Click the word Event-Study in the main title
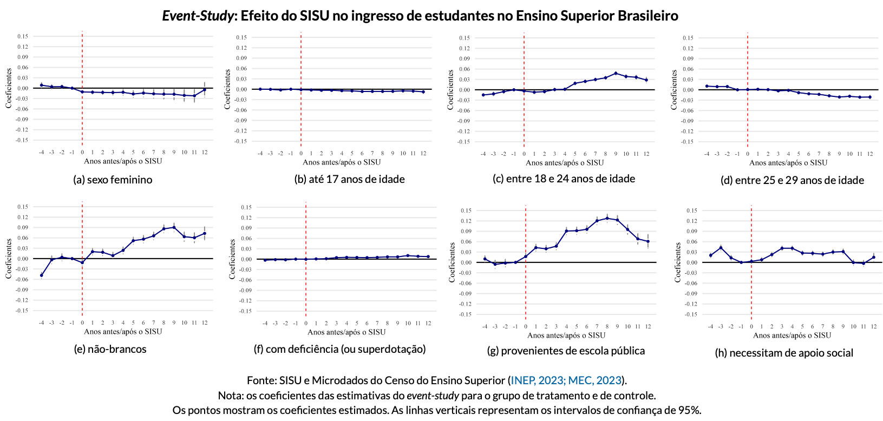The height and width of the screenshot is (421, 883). point(198,16)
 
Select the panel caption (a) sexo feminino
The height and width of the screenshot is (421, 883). point(113,180)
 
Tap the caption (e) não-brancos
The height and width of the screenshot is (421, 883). point(110,349)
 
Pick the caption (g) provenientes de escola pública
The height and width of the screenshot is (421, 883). point(566,351)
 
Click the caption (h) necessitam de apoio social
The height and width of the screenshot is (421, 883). point(784,353)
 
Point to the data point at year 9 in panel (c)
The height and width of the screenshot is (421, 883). point(616,73)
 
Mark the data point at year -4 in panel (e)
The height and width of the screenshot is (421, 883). point(42,275)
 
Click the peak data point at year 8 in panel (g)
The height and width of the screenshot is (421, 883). point(607,218)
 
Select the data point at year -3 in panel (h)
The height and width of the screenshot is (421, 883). point(721,248)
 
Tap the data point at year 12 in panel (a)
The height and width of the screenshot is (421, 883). point(205,90)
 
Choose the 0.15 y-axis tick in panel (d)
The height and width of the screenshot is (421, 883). point(688,38)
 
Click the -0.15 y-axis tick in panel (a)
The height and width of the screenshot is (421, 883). point(22,140)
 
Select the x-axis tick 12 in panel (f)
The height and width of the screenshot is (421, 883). point(428,323)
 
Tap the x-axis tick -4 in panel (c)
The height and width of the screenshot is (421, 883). point(483,154)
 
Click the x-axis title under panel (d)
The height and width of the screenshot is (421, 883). point(788,162)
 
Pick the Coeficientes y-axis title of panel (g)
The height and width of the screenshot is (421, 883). point(452,262)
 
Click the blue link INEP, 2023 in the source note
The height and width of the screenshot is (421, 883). point(537,380)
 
